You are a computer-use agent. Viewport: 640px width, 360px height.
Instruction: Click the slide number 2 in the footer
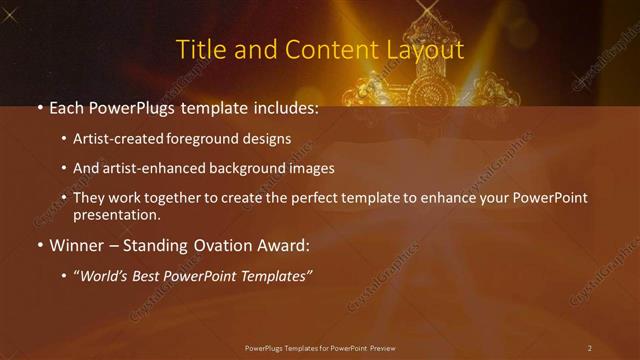[x=589, y=347]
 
